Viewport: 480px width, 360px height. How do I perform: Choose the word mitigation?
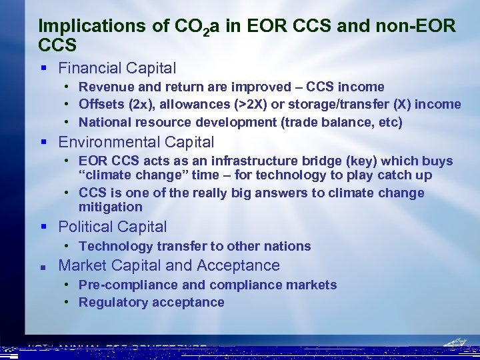(111, 207)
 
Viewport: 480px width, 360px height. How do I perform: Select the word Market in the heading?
(81, 265)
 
